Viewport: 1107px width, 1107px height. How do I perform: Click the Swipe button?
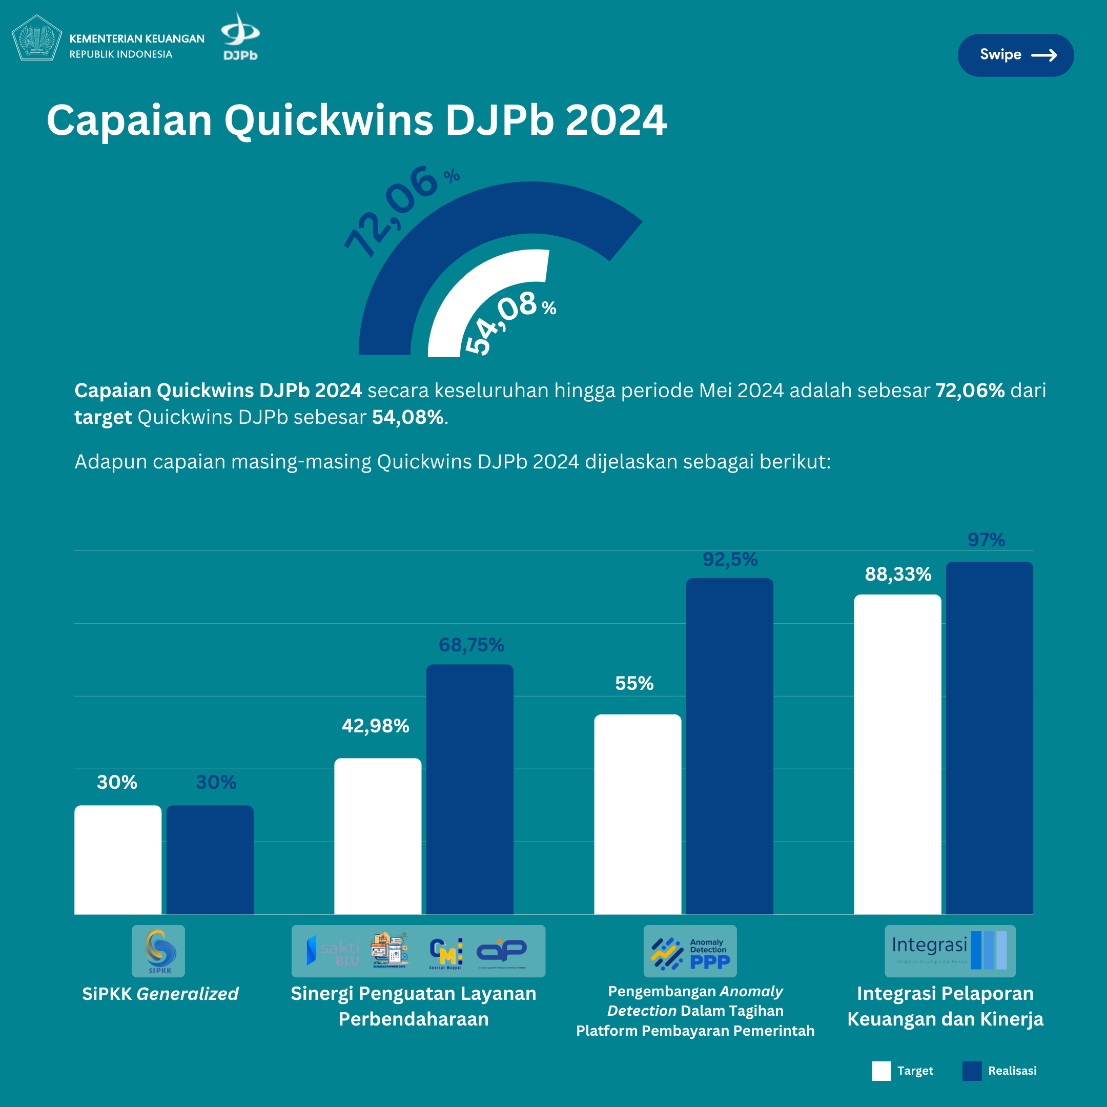click(1015, 55)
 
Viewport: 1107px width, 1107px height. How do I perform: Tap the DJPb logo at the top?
click(240, 37)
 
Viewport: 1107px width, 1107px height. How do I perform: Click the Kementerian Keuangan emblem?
click(37, 38)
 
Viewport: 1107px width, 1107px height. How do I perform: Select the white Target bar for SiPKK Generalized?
click(118, 859)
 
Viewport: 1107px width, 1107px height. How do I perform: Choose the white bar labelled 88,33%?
click(897, 754)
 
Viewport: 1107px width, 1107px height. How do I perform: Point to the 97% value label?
click(986, 540)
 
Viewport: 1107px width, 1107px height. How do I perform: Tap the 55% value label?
click(634, 683)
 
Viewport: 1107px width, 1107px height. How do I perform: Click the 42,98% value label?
click(375, 726)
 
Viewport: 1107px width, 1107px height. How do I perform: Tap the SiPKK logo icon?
click(159, 951)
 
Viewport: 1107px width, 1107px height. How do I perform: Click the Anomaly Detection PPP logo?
click(690, 951)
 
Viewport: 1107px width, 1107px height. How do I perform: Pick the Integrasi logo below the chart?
click(950, 951)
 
